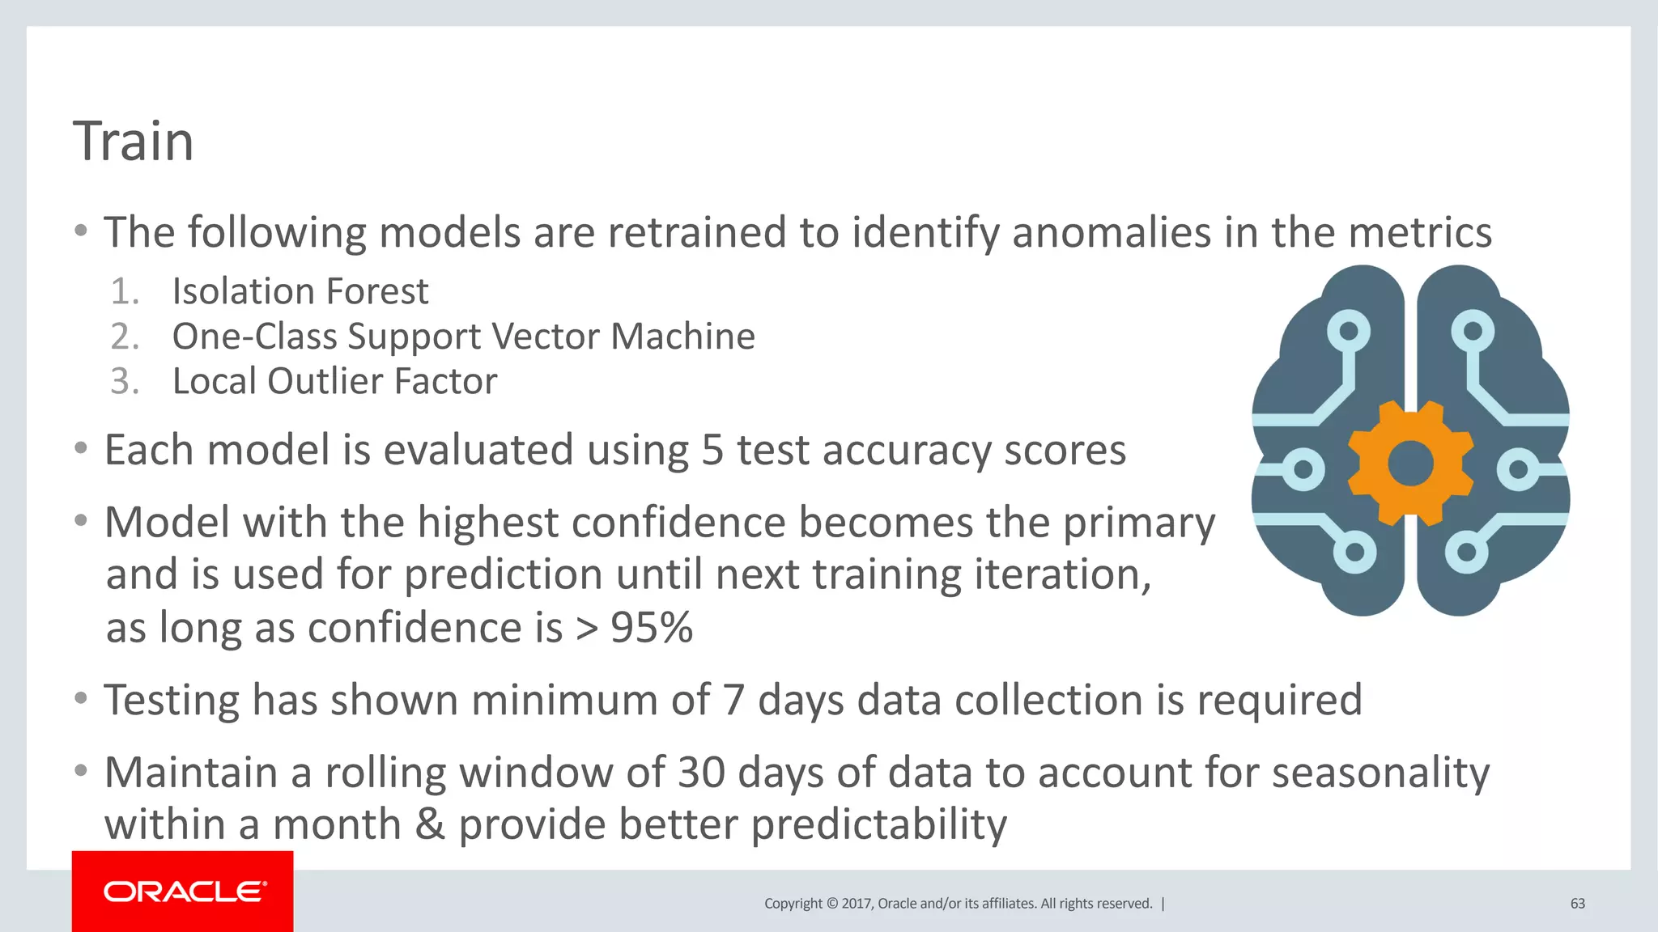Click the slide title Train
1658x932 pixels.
(x=134, y=142)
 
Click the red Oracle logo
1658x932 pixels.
(x=183, y=892)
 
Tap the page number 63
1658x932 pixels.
(x=1577, y=904)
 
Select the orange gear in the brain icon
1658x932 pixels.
(x=1410, y=464)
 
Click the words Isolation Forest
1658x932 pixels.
(x=300, y=291)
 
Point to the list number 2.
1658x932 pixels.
(x=125, y=337)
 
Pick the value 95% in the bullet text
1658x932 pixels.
(x=652, y=628)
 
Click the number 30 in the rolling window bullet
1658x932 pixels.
(x=701, y=773)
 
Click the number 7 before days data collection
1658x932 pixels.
(x=733, y=701)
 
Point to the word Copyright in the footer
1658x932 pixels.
(x=793, y=904)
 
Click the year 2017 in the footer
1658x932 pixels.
(x=856, y=904)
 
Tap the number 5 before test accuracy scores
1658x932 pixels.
(x=712, y=451)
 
